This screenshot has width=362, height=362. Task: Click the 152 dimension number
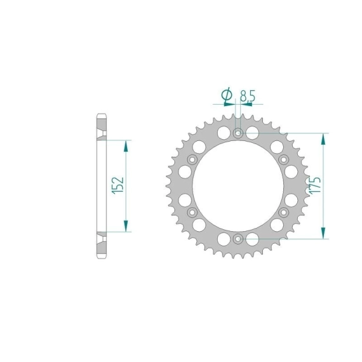click(x=118, y=185)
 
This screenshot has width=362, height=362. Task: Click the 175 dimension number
click(x=316, y=185)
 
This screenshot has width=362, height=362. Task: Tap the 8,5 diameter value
click(x=248, y=96)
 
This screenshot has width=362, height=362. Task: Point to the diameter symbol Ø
click(x=227, y=95)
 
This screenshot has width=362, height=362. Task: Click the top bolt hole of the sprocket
click(x=238, y=133)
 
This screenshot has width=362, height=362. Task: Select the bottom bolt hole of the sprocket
click(x=238, y=239)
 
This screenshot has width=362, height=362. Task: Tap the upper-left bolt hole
click(x=192, y=159)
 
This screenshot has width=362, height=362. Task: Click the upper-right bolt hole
click(x=284, y=159)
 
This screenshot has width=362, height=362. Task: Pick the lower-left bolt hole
click(x=192, y=212)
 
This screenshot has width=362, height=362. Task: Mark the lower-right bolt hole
click(x=284, y=212)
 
